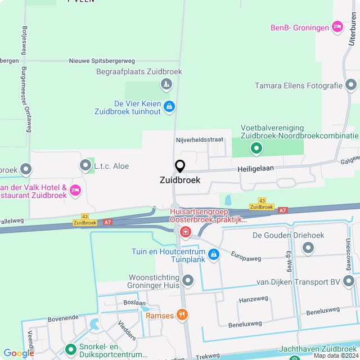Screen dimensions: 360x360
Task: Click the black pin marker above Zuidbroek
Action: point(180,166)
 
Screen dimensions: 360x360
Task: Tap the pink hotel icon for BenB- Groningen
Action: point(337,26)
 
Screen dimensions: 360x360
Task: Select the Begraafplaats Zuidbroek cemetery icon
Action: point(166,85)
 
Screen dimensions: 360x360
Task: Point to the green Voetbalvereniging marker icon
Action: point(256,148)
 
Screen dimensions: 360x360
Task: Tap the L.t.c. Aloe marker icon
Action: point(85,165)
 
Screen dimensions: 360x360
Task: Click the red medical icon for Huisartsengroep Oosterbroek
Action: point(184,232)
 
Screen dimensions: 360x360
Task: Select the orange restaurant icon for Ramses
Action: point(181,315)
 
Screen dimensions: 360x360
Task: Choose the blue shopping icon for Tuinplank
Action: point(214,255)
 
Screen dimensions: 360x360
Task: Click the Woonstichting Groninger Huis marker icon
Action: point(188,280)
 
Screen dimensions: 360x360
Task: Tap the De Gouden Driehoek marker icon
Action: point(308,247)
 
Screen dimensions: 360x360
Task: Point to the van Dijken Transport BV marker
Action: point(350,281)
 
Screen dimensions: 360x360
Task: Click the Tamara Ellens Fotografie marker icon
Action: point(351,85)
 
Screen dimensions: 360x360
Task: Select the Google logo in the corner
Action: point(19,353)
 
